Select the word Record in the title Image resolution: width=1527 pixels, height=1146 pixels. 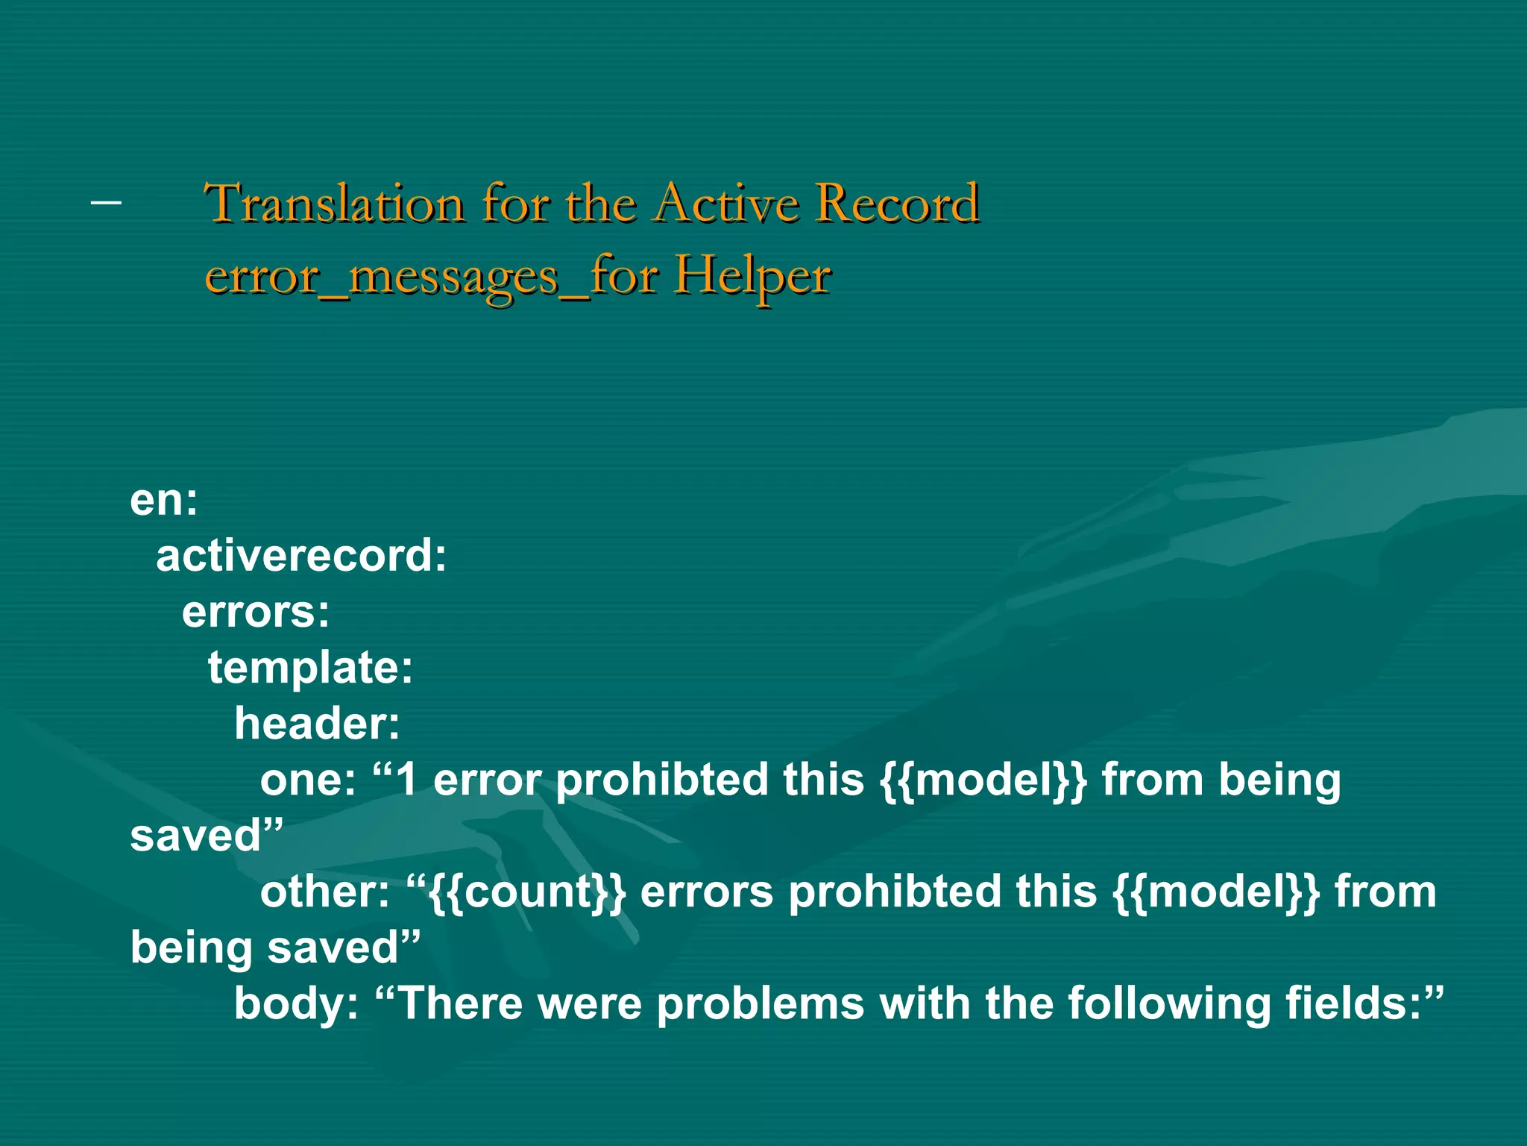tap(896, 204)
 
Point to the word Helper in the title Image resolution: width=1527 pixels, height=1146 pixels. tap(752, 277)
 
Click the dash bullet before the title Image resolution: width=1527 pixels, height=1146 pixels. tap(105, 201)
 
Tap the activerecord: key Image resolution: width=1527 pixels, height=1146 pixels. tap(301, 556)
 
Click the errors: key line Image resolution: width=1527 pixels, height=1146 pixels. tap(256, 612)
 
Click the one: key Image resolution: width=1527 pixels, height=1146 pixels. tap(308, 780)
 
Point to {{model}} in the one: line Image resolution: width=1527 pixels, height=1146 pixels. tap(983, 780)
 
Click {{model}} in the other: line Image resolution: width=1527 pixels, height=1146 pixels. tap(1215, 892)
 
